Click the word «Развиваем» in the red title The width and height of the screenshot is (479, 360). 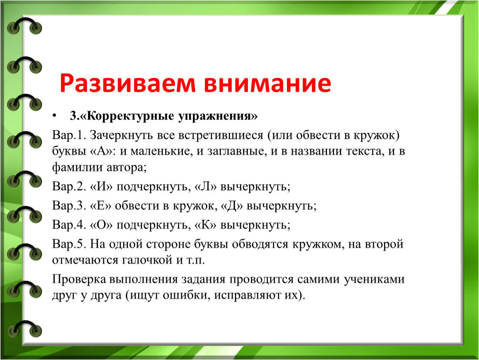tap(127, 83)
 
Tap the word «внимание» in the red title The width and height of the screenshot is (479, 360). tap(267, 83)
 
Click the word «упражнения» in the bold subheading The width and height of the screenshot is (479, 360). tap(218, 116)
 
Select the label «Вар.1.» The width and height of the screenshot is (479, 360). tap(69, 135)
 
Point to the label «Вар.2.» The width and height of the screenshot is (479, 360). tap(69, 186)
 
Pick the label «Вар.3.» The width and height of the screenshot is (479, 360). tap(69, 205)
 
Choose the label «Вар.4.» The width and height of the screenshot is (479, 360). tap(69, 225)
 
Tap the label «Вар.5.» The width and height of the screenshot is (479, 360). tap(69, 244)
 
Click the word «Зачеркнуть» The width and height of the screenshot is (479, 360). tap(121, 135)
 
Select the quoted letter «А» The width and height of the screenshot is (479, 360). tap(101, 151)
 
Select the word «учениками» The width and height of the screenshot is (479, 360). tap(374, 279)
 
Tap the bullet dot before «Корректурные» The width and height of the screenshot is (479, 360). tap(55, 116)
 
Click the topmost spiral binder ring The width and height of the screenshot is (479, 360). tap(24, 26)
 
